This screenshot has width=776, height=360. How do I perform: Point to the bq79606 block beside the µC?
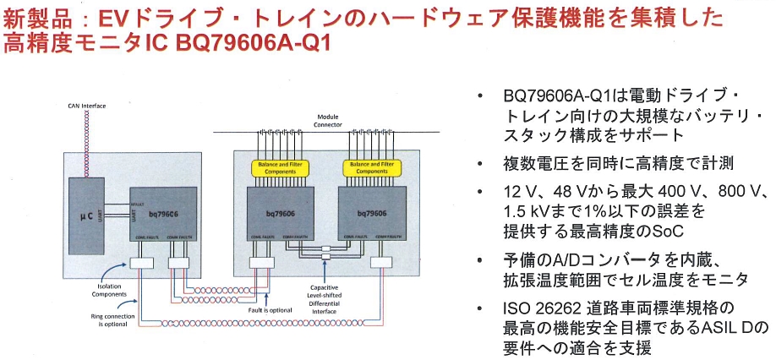click(166, 216)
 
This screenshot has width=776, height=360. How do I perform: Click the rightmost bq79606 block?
click(370, 216)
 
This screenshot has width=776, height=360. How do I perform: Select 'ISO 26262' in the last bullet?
click(535, 306)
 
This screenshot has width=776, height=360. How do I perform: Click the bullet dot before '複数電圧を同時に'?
click(483, 163)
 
